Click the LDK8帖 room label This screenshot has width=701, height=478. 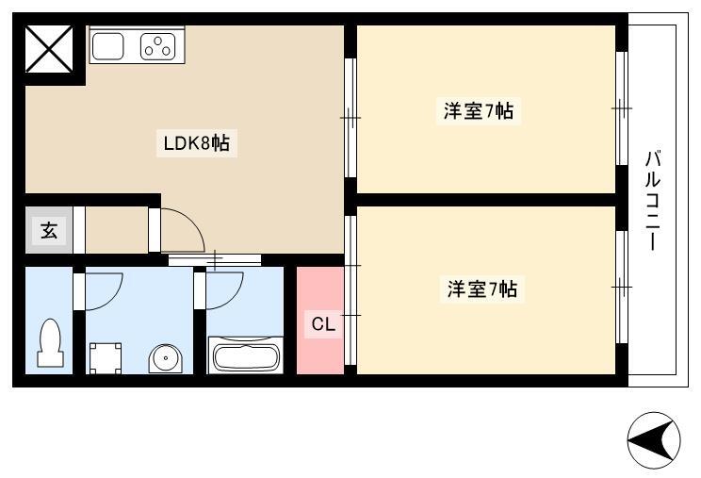tap(197, 143)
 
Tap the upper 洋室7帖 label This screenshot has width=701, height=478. tap(479, 110)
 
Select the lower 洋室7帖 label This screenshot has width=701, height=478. tap(482, 288)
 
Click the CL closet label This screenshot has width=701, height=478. tap(323, 323)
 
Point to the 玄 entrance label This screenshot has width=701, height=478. tap(49, 230)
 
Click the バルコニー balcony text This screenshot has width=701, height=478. tap(653, 200)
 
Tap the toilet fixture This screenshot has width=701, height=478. tap(50, 343)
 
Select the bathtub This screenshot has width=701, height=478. tap(245, 355)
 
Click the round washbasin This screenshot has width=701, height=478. tap(166, 358)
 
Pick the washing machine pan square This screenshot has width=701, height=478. tap(106, 358)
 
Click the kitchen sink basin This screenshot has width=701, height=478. tap(107, 45)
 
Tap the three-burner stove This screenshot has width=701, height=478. tap(157, 46)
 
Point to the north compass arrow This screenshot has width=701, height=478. tap(653, 441)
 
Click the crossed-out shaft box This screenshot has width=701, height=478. tap(49, 49)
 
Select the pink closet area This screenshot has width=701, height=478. tap(320, 321)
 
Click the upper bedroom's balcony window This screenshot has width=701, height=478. tap(622, 108)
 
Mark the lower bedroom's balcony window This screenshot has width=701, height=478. tap(622, 287)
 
